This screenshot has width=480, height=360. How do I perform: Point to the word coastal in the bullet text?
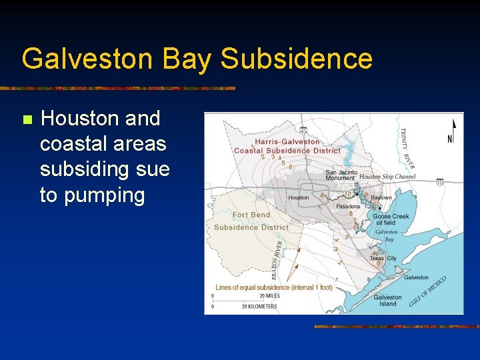(x=75, y=144)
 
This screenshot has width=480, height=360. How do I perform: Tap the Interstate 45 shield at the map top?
(x=303, y=131)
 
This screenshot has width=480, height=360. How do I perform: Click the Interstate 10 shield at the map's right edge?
(x=439, y=182)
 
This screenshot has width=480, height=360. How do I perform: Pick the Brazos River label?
(x=277, y=259)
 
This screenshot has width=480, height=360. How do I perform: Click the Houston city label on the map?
(x=299, y=197)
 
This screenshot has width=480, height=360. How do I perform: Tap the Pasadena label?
(x=348, y=207)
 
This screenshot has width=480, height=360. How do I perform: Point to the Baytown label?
(x=381, y=198)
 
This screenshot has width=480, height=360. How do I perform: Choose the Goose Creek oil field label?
(x=391, y=219)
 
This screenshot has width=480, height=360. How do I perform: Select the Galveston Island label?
(x=388, y=301)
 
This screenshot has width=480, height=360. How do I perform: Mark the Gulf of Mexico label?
(x=427, y=291)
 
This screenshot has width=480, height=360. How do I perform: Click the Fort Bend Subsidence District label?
(x=251, y=221)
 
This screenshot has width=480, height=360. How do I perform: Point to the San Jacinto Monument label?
(x=341, y=175)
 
